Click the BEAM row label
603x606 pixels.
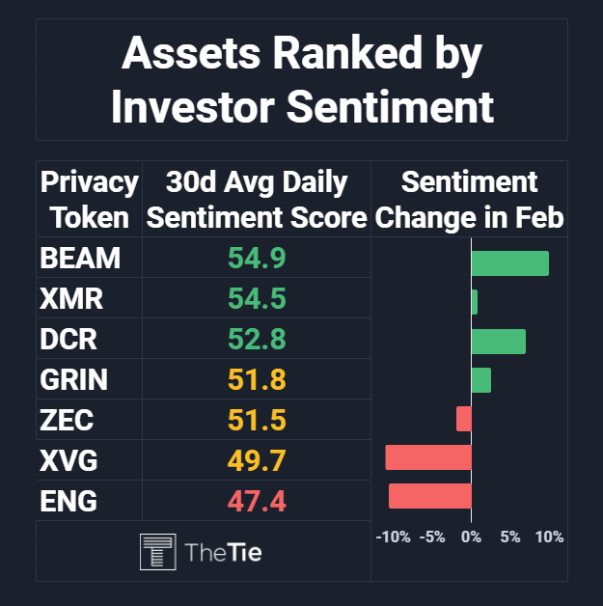(x=80, y=258)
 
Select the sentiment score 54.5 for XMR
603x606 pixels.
(x=257, y=298)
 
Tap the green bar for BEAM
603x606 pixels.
(x=510, y=263)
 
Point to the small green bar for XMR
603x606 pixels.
(x=475, y=302)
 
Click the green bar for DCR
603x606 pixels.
(x=499, y=342)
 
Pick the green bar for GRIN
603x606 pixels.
(x=481, y=380)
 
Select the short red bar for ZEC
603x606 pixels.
(x=463, y=419)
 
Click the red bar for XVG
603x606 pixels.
(x=428, y=457)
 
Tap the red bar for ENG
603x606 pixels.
(x=430, y=496)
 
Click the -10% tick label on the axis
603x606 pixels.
(x=394, y=537)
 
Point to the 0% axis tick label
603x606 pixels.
(x=471, y=537)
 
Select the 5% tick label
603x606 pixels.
(x=510, y=537)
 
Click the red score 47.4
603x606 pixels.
(x=257, y=501)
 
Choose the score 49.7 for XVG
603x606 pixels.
(x=257, y=460)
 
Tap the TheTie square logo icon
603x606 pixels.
(x=158, y=552)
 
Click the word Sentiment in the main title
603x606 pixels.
(x=390, y=107)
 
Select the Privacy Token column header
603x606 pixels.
(x=89, y=200)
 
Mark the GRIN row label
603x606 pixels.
(x=73, y=379)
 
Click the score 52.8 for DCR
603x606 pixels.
(x=257, y=339)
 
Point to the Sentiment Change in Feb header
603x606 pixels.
(x=469, y=200)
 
